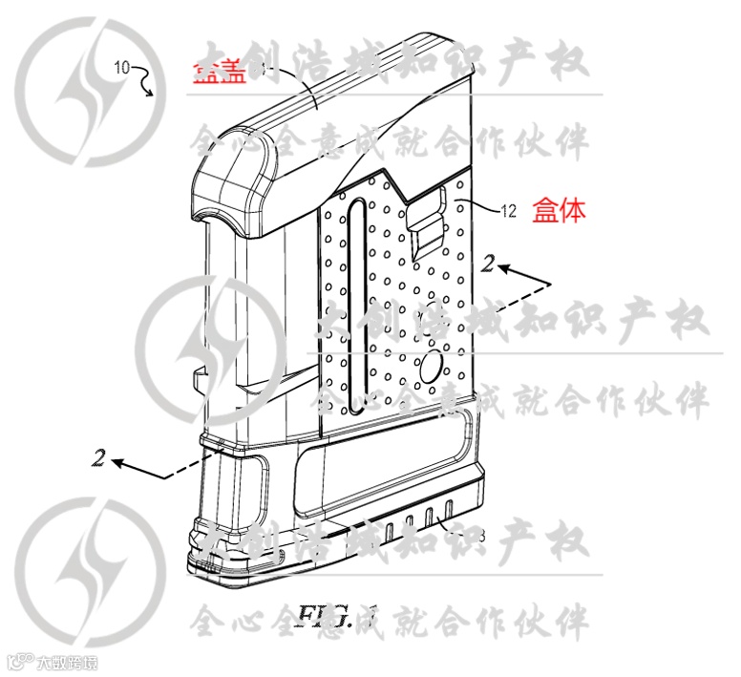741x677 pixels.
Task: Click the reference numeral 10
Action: [123, 67]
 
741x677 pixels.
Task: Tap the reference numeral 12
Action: [509, 212]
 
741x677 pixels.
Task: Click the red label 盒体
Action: [560, 210]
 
